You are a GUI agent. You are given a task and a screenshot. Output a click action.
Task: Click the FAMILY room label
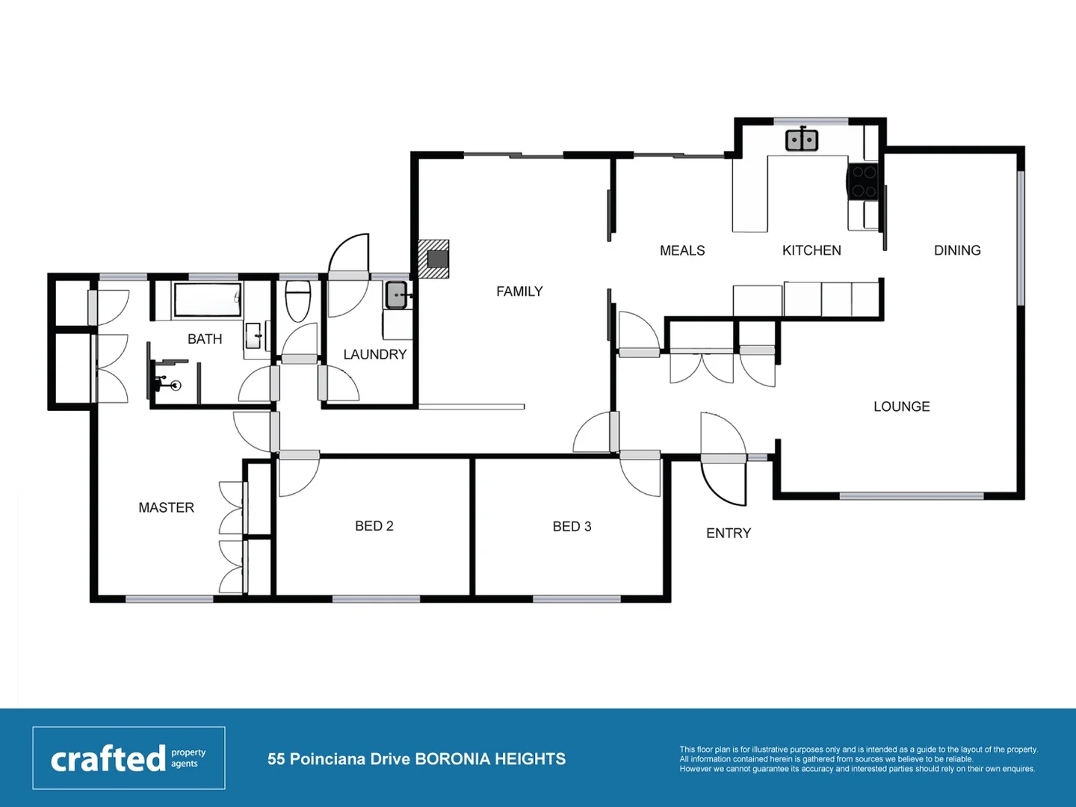point(519,291)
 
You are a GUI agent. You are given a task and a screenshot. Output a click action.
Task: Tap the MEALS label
point(682,250)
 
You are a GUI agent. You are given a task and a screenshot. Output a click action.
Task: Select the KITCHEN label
point(811,250)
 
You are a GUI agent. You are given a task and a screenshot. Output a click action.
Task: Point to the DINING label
point(957,250)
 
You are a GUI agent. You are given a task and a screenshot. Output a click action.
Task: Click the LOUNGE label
point(901,406)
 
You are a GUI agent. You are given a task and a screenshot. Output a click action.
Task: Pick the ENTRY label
point(729,533)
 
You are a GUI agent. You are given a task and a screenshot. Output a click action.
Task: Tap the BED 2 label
point(374,526)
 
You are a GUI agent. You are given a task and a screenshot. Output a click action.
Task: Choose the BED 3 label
point(572,527)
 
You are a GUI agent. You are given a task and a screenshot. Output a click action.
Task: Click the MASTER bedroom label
point(166,507)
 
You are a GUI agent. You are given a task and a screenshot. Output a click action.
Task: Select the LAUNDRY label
point(374,354)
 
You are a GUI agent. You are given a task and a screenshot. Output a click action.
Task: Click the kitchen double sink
point(802,140)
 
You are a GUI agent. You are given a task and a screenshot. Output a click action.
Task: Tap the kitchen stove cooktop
point(864,182)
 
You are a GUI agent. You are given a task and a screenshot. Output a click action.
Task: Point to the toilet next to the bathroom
point(298,300)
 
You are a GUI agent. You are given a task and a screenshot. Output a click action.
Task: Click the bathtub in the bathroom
point(207,300)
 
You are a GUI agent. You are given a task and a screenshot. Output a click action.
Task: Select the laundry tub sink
point(396,295)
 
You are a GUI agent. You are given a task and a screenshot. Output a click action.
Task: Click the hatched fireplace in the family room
point(434,259)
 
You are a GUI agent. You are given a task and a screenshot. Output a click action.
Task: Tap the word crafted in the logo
point(108,758)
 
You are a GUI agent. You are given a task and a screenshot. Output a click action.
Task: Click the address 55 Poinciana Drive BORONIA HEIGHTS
point(416,759)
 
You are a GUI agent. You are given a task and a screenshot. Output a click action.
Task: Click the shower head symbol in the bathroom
point(175,386)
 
